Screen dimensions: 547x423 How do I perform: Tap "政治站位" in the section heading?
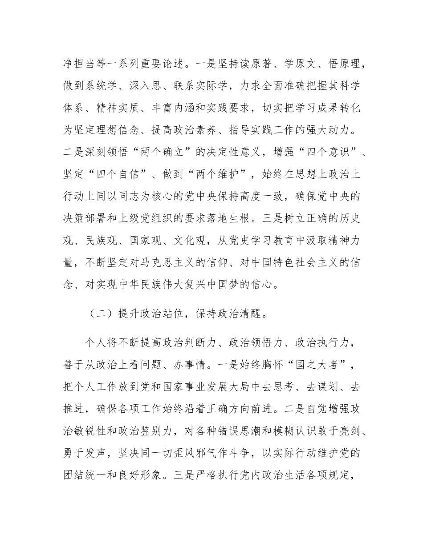162,314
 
